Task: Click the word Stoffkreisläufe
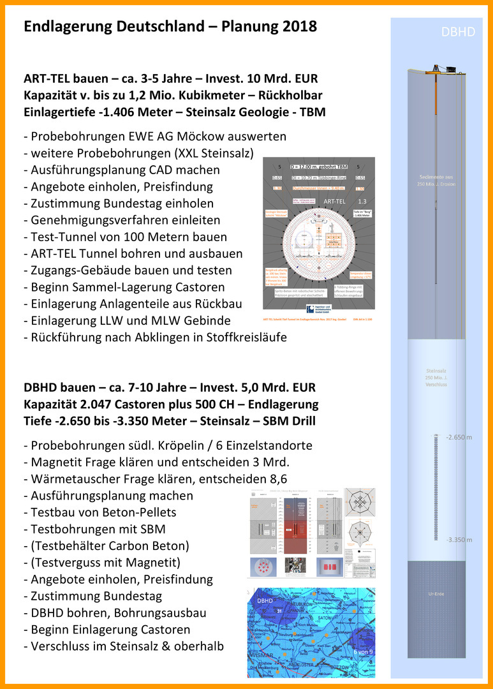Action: pos(237,337)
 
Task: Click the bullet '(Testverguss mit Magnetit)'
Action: pos(102,563)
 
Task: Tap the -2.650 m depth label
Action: pos(458,437)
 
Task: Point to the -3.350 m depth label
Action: pos(458,539)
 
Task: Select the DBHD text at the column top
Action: pos(458,32)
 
